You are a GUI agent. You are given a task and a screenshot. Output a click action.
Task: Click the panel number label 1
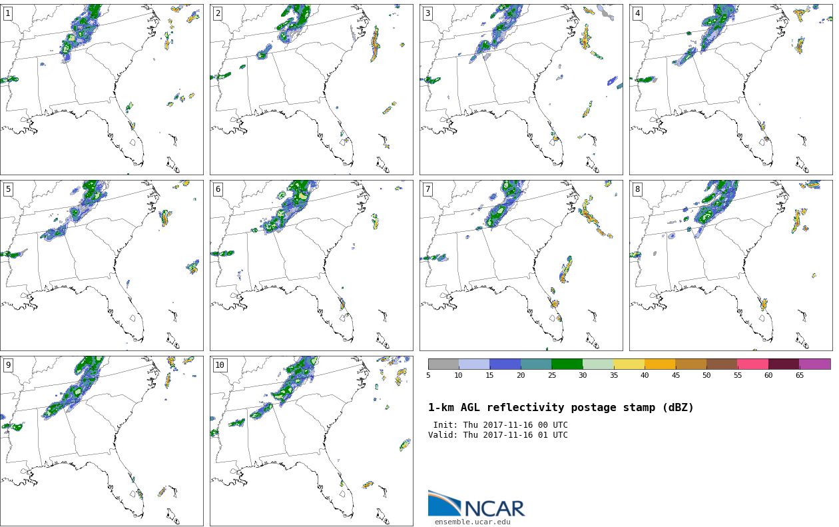click(8, 13)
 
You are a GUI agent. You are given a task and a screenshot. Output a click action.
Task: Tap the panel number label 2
click(218, 13)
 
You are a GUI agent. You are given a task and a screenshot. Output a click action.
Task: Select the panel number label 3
click(427, 13)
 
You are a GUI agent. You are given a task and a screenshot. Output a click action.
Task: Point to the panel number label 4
click(637, 13)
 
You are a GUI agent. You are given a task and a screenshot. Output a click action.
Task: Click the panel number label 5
click(8, 189)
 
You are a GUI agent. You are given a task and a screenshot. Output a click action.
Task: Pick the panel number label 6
click(218, 189)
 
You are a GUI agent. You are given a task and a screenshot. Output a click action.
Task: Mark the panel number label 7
click(427, 189)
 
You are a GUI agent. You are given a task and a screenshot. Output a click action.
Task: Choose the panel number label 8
click(637, 189)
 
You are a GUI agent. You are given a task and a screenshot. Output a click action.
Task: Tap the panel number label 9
click(8, 365)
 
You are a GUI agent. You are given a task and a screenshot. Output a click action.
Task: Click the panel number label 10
click(220, 365)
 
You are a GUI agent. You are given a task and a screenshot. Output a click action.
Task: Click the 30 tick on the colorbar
click(583, 376)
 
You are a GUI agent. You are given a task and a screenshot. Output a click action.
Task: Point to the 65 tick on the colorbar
click(799, 376)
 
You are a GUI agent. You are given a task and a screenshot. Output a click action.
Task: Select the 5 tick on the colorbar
click(428, 376)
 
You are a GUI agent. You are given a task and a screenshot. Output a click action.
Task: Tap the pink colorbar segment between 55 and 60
click(752, 364)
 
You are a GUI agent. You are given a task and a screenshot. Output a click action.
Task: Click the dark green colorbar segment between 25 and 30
click(567, 364)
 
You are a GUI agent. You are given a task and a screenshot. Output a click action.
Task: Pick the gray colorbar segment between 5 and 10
click(443, 364)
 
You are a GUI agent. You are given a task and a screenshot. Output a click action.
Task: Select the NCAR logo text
click(494, 508)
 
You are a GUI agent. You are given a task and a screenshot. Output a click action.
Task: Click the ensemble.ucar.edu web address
click(472, 522)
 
